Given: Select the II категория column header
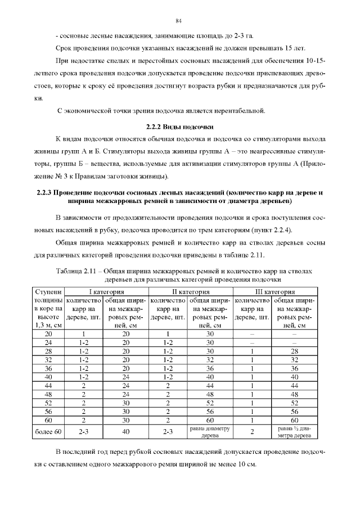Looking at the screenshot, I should tap(190, 292).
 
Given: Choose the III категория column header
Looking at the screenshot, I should tap(274, 292).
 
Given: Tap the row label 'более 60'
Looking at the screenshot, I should tap(48, 431).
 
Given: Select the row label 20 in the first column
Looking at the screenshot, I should tap(48, 334).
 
